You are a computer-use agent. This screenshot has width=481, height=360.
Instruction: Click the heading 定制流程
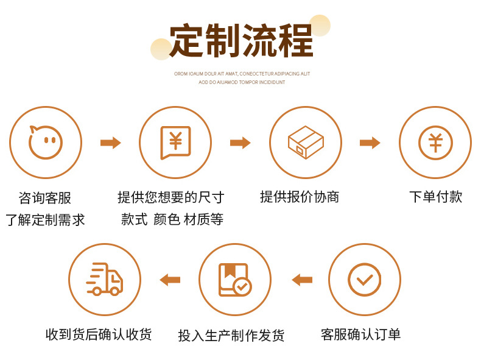coord(241,40)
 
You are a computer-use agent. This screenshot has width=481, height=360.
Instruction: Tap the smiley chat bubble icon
coord(46,142)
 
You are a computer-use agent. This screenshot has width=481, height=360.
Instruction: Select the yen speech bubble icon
coord(175,143)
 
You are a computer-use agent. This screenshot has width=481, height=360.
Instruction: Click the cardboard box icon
coord(306,143)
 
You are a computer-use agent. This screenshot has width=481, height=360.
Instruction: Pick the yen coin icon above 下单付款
coord(435,143)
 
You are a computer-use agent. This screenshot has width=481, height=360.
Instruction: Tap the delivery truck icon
coord(105,279)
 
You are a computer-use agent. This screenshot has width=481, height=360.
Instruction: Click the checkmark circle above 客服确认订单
coord(365,279)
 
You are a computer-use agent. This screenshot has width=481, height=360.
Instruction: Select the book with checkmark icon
coord(235,280)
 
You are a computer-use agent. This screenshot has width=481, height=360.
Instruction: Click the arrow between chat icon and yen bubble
coord(111,143)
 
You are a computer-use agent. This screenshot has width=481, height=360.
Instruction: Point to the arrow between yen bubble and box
coord(240,143)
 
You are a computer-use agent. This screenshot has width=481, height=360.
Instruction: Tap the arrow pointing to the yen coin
coord(370,143)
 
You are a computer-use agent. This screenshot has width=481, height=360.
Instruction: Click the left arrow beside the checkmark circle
coord(302,280)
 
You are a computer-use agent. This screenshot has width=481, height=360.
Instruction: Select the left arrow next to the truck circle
coord(170,280)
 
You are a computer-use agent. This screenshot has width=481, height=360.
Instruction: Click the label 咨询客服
coord(45,197)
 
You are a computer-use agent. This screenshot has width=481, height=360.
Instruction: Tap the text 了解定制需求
coord(45,220)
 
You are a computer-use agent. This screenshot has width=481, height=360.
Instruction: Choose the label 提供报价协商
coord(300,197)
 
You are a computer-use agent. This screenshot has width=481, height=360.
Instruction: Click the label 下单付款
coord(435,197)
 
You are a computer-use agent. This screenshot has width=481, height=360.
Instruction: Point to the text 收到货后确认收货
coord(99,334)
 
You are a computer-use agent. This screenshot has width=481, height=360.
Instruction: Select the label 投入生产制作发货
coord(231,335)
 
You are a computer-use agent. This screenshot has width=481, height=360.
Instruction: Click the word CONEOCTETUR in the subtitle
coord(256,74)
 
